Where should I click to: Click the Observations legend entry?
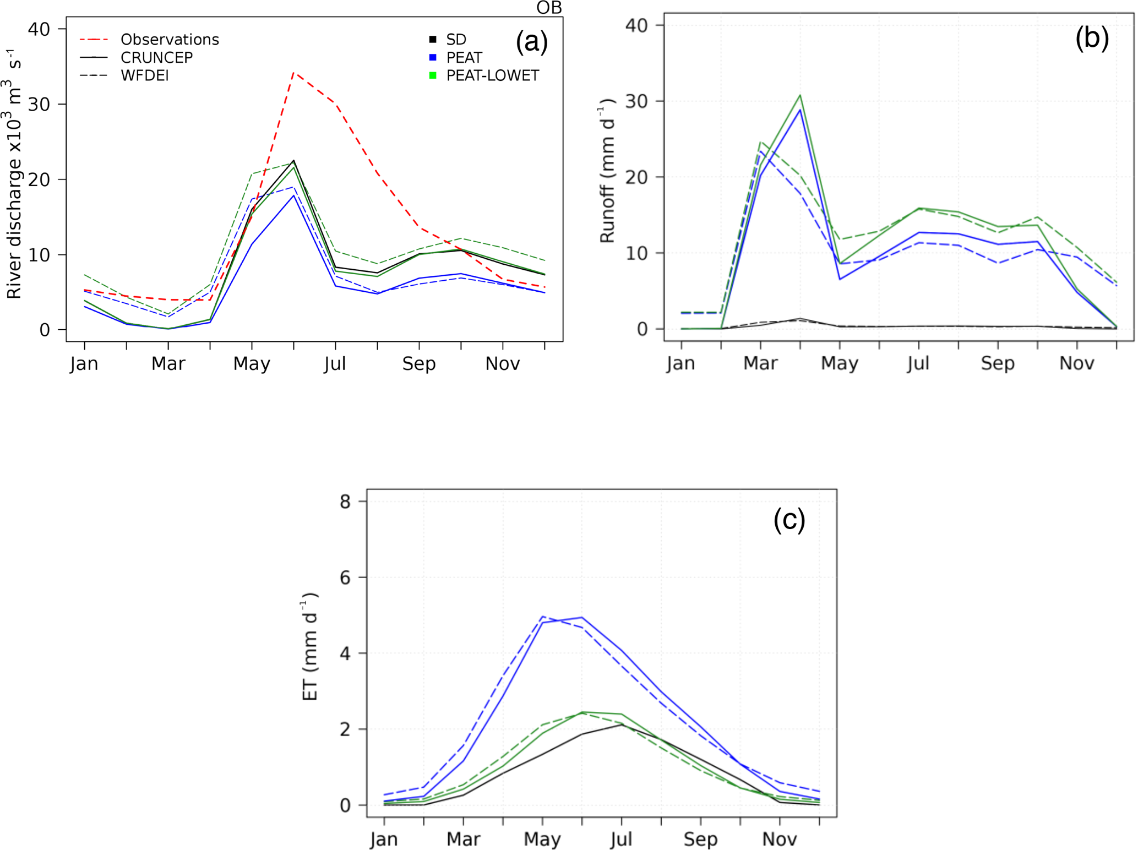point(170,40)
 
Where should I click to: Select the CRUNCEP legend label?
point(157,58)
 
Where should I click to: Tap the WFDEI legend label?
point(145,76)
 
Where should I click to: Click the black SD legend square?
point(433,40)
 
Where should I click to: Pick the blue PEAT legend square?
point(433,57)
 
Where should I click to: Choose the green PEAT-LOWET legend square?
point(433,75)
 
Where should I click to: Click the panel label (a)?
point(532,42)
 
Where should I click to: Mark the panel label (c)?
point(789,519)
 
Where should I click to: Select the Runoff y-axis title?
point(607,171)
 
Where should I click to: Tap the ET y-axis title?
point(311,646)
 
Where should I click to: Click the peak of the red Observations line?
point(294,72)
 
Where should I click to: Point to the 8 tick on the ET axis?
point(345,502)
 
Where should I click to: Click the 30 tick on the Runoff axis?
point(636,101)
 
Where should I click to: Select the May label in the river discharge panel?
point(252,364)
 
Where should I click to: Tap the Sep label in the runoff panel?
point(998,363)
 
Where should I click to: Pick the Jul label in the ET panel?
point(621,840)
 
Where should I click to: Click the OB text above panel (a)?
point(549,8)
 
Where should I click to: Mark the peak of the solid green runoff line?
point(800,95)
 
